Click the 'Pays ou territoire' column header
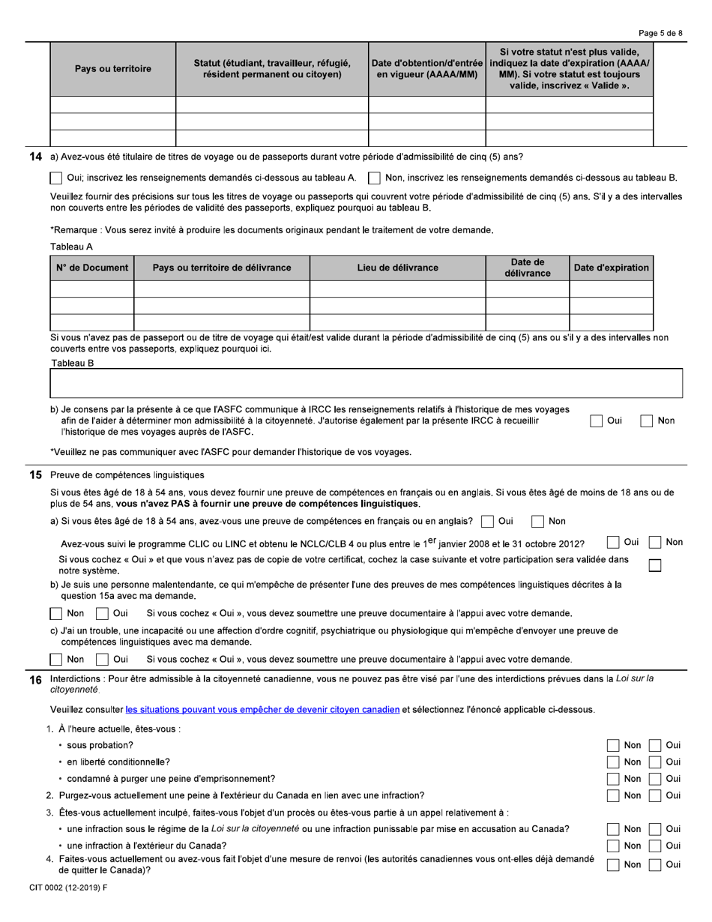(x=112, y=69)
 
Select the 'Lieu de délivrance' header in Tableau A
(x=397, y=268)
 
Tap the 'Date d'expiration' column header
(x=611, y=268)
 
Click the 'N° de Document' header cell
(x=91, y=268)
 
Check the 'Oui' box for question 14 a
(x=56, y=178)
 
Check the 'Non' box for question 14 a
(x=374, y=178)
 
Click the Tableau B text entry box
(x=366, y=383)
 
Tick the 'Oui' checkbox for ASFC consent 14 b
(x=596, y=421)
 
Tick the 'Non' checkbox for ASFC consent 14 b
(x=647, y=421)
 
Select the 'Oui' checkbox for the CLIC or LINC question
(x=614, y=542)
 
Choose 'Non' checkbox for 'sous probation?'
(x=613, y=745)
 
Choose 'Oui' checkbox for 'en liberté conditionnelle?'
(x=655, y=762)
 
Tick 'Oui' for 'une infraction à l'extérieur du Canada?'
(x=655, y=846)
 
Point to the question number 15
(x=35, y=474)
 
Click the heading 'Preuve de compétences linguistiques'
(x=127, y=474)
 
